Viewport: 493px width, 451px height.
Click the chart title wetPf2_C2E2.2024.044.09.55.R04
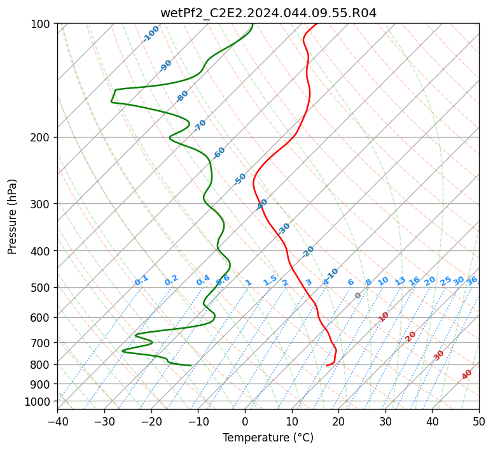(268, 13)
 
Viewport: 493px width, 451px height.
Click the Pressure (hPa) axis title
(11, 217)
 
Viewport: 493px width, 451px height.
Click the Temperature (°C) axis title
(268, 438)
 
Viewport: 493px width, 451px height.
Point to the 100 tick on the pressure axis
(42, 24)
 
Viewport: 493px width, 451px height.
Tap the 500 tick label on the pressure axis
(42, 287)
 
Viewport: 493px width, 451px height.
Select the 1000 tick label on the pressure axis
(39, 402)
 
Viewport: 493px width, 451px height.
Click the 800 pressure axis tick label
(42, 365)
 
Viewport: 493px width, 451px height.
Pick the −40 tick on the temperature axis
(57, 422)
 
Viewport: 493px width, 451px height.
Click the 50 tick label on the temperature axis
(479, 422)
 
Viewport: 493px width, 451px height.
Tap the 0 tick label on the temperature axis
(246, 422)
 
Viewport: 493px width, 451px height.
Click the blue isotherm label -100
(151, 34)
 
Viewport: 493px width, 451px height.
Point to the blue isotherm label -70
(199, 125)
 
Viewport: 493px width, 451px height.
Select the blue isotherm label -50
(240, 179)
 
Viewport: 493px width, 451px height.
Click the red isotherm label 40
(466, 375)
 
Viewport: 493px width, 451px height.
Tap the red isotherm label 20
(410, 337)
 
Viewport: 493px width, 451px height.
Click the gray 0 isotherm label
(358, 296)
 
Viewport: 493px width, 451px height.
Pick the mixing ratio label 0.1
(141, 280)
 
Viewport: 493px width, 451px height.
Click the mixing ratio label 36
(472, 281)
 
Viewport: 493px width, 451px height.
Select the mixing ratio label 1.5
(270, 281)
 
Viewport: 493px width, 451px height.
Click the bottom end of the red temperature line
(327, 366)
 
